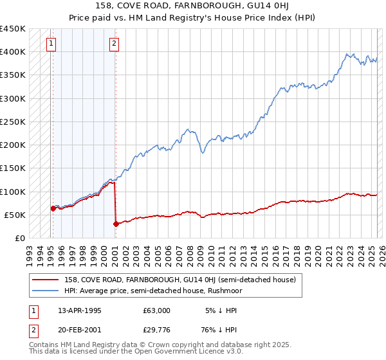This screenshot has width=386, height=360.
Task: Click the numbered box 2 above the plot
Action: [x=114, y=44]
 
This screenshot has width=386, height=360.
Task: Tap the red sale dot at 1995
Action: [x=53, y=208]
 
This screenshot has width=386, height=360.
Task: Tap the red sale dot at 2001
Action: [x=116, y=224]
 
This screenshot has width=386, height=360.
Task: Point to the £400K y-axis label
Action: [x=13, y=51]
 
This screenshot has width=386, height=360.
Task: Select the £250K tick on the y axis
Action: [x=13, y=122]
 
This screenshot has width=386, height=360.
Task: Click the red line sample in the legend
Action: [x=45, y=280]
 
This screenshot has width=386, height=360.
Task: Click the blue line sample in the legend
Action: [x=45, y=291]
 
